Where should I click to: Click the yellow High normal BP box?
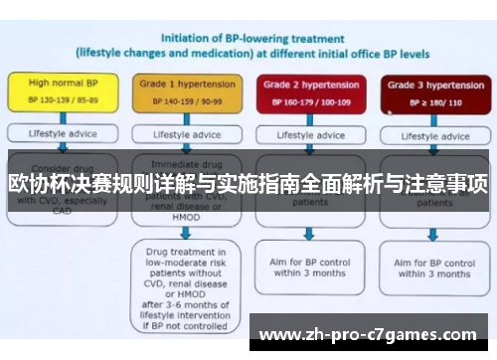58,92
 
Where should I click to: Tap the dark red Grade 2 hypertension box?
309,92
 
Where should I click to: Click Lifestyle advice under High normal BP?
58,133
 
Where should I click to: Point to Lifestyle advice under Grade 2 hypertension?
309,133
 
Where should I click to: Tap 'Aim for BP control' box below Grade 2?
309,267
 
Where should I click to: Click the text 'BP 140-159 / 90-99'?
181,100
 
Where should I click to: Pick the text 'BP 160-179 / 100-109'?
309,100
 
